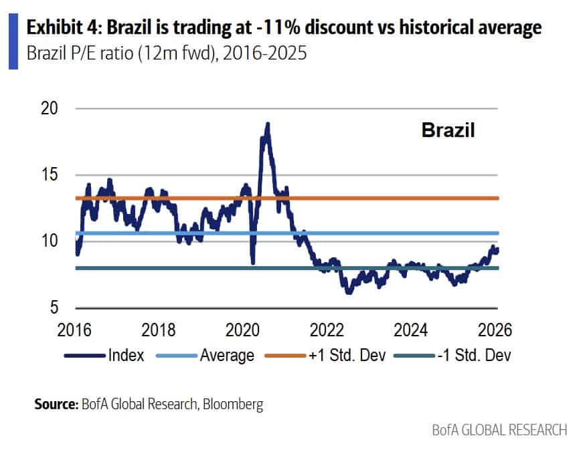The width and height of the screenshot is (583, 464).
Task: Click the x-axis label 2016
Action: (x=77, y=330)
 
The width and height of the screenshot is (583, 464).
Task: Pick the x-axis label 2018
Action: (x=161, y=330)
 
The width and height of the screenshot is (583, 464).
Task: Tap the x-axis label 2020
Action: (x=245, y=330)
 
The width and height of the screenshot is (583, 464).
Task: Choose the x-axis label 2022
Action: (x=329, y=330)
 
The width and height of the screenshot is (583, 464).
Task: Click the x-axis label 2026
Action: (x=496, y=330)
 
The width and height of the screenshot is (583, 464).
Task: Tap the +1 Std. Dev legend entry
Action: (x=344, y=355)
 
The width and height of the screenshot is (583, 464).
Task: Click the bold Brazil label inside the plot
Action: (x=448, y=130)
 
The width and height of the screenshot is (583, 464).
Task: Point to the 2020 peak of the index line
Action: (x=267, y=124)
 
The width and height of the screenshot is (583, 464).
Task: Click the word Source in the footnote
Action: (x=56, y=404)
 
